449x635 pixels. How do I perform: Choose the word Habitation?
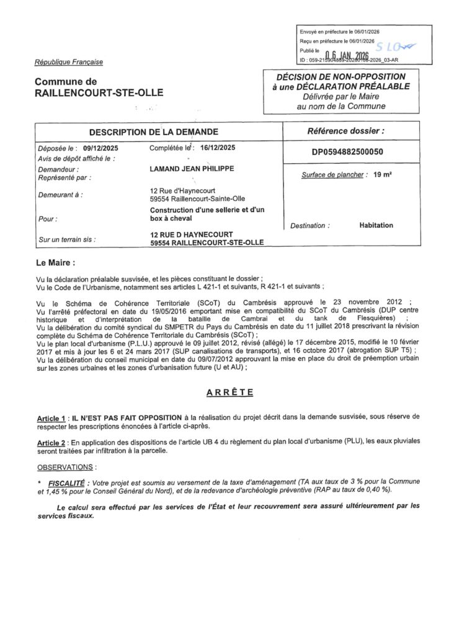click(376, 226)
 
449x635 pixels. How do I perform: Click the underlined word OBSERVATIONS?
click(66, 466)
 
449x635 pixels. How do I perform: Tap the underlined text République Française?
click(69, 62)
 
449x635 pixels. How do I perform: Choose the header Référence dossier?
click(346, 131)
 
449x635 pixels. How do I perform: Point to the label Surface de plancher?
click(332, 175)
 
